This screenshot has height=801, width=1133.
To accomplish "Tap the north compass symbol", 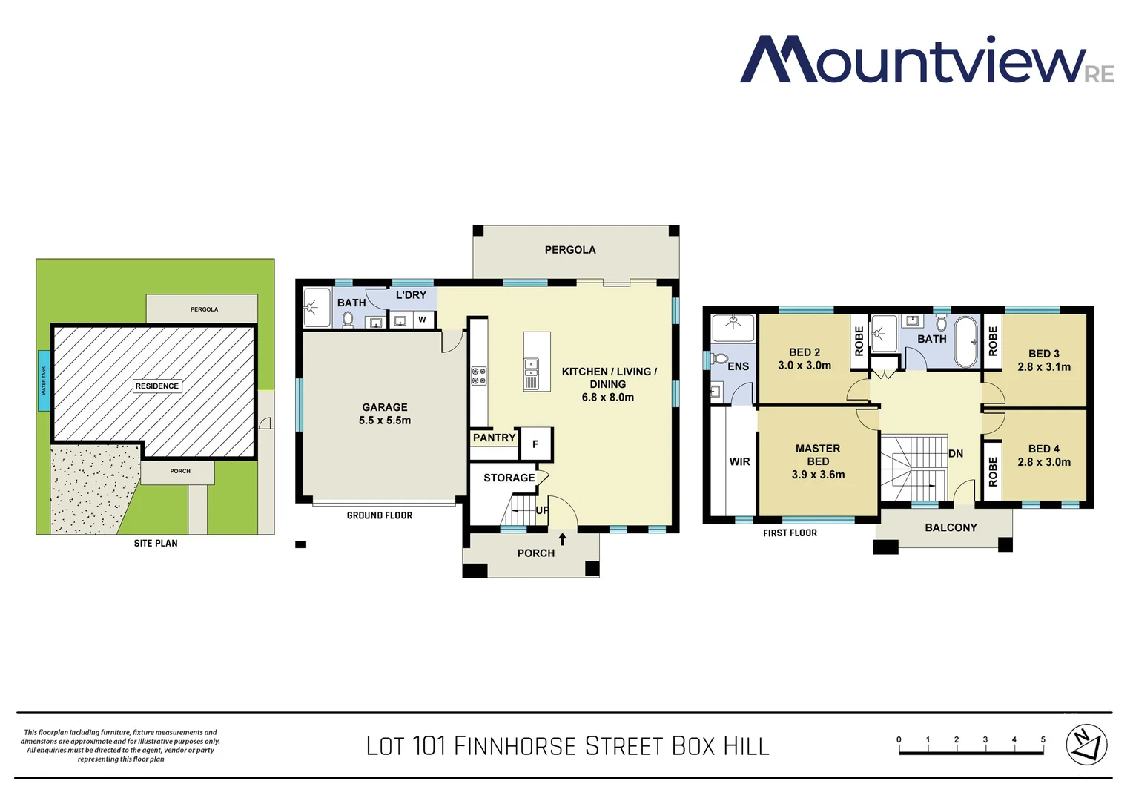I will point(1086,744).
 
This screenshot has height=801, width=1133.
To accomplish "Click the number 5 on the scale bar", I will point(1043,739).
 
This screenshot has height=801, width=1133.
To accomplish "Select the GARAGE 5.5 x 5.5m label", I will point(384,414).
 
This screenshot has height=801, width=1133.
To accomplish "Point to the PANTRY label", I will point(494,438).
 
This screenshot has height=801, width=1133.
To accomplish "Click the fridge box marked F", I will point(535,444).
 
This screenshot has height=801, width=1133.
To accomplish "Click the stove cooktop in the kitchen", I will point(479,376).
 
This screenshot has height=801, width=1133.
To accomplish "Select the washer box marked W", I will point(422,320).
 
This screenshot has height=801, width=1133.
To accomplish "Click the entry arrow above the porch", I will point(562,539).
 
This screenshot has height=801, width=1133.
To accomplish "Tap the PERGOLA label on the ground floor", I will point(569,250).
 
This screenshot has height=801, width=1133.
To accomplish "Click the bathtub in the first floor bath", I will point(965,342).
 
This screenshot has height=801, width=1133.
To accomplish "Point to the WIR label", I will point(739,461).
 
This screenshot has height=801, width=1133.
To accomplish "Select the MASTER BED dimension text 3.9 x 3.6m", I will point(818,475).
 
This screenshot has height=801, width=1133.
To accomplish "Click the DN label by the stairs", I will point(956,454).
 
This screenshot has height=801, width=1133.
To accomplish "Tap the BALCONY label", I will point(951,527).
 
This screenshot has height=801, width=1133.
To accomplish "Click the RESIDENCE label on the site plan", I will point(157,386).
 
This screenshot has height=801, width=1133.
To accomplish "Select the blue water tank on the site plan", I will point(44,380).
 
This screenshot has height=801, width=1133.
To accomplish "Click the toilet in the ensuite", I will point(719,359).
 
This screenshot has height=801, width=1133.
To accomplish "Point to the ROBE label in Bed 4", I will point(993,472).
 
